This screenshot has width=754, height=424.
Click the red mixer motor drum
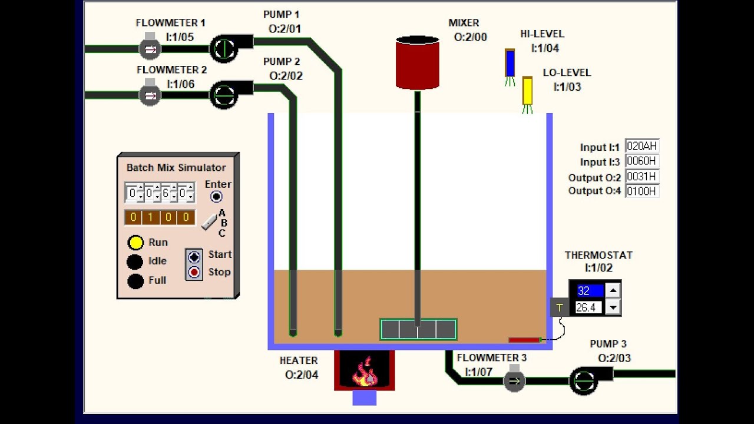point(417,62)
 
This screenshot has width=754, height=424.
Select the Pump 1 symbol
point(224,48)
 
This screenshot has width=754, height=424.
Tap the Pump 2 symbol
point(224,95)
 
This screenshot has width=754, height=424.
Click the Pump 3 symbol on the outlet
point(584,380)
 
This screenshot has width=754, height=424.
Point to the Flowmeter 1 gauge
point(150,48)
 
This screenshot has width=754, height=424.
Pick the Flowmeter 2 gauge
point(150,95)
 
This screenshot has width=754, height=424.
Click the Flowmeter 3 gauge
point(514,381)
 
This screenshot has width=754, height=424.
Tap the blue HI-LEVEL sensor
point(510,64)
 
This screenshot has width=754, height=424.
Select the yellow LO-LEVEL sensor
point(527,91)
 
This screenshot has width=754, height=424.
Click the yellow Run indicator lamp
point(135,243)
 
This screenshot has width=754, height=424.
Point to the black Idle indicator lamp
point(135,262)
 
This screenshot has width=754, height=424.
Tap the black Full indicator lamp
point(135,281)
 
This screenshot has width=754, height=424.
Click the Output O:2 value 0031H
point(641,177)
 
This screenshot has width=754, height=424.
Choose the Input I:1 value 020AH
point(641,147)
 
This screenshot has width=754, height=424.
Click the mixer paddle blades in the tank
point(418,330)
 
